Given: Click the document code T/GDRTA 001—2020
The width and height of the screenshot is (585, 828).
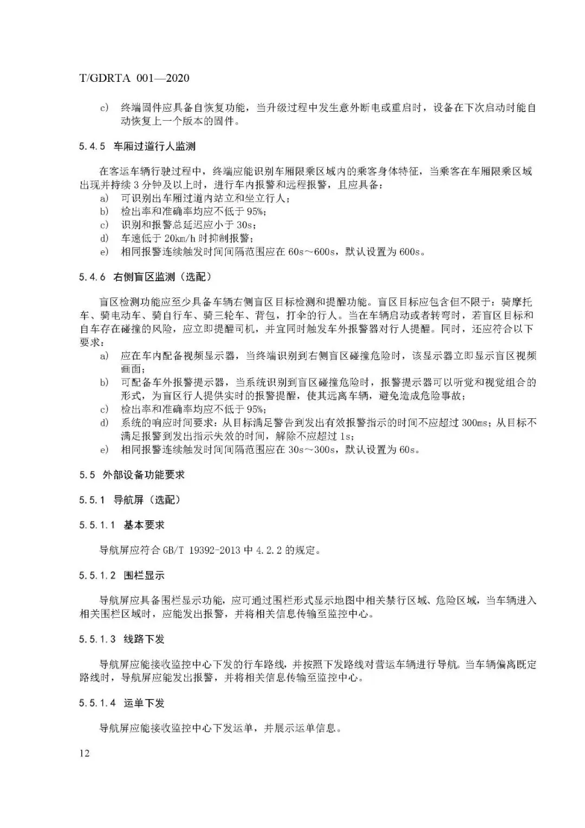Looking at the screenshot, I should pos(134,78).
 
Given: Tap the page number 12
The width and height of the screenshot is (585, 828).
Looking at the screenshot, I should pos(84,753).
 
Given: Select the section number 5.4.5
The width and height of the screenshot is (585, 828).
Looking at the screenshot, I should pos(92,146).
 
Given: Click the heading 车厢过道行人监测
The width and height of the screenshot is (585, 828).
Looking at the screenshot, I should pos(154,146).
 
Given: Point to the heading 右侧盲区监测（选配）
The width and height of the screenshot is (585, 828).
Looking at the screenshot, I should pos(162,277).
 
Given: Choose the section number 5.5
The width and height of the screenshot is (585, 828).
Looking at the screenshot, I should pos(87,475).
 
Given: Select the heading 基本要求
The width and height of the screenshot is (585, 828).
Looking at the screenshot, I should pos(144,525).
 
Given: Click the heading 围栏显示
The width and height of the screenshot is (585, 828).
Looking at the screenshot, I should pos(144,575).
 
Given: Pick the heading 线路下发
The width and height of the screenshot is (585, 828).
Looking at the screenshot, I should pos(144,639).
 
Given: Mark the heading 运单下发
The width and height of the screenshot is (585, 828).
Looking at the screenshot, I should pos(144,703).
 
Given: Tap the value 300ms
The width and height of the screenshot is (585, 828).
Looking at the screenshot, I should pos(476,423).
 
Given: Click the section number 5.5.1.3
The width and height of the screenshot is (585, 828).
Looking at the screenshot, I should pos(97,639).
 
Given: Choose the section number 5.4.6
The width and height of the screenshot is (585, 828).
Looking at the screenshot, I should pos(92,277).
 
